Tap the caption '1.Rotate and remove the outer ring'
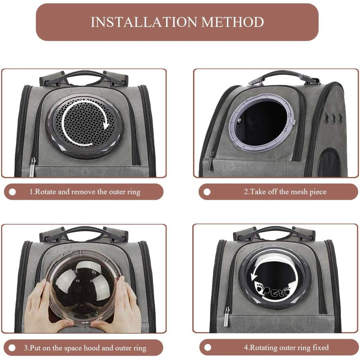click(85, 192)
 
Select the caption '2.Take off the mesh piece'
click(285, 192)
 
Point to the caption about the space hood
click(85, 348)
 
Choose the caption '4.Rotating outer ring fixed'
click(286, 347)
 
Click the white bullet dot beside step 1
click(12, 192)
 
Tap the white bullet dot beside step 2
click(207, 192)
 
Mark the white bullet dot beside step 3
click(12, 348)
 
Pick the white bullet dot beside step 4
click(208, 348)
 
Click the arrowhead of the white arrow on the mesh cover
click(105, 125)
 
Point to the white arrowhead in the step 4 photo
click(254, 276)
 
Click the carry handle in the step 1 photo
click(84, 77)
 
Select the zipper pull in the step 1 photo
click(32, 167)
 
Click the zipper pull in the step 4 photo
click(227, 317)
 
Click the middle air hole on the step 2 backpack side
click(334, 118)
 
